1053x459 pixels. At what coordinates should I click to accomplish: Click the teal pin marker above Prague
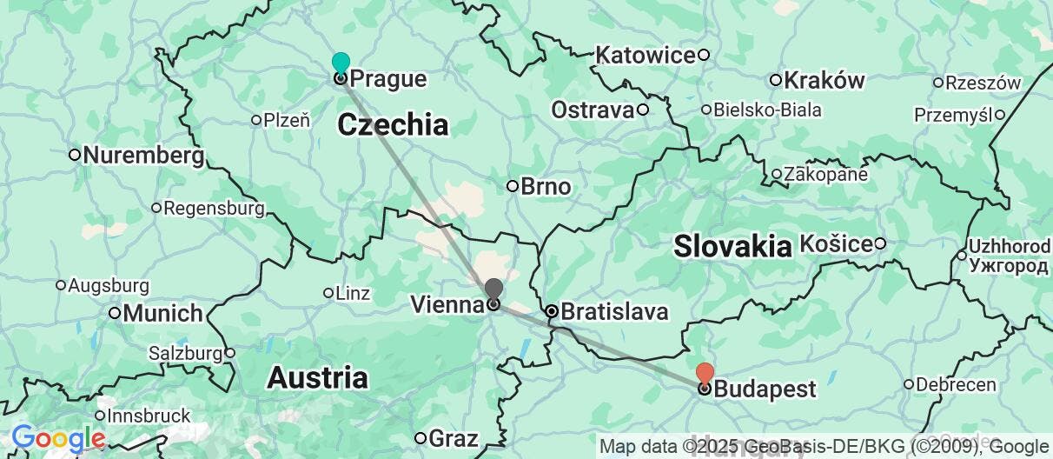[x=341, y=63]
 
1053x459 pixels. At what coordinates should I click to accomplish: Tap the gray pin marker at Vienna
[x=493, y=289]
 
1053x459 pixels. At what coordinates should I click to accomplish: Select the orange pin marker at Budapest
[x=705, y=373]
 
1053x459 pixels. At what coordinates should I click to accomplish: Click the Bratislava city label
[x=614, y=311]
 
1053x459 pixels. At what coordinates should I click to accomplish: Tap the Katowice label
[x=645, y=56]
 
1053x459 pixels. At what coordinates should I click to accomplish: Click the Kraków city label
[x=824, y=81]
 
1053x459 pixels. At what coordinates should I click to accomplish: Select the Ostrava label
[x=593, y=110]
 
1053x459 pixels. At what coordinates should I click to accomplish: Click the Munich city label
[x=162, y=313]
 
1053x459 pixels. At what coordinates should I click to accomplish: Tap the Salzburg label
[x=185, y=354]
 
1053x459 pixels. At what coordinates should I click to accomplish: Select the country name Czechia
[x=393, y=125]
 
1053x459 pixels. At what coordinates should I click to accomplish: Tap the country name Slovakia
[x=732, y=246]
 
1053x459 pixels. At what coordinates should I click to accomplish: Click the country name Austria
[x=317, y=378]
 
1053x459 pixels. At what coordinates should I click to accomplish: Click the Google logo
[x=58, y=438]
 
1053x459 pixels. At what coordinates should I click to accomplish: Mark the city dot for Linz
[x=328, y=293]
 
